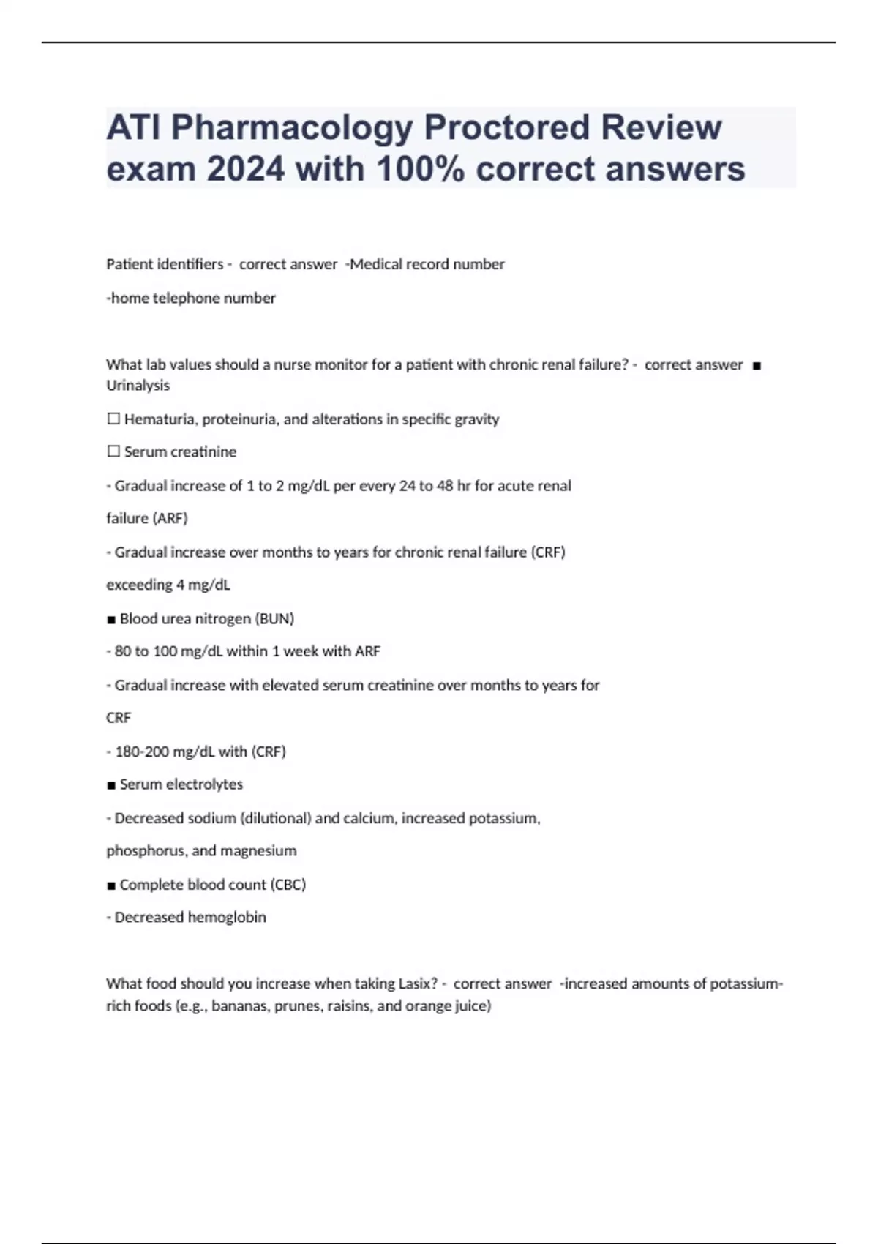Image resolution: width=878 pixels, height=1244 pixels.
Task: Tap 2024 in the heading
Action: (x=245, y=170)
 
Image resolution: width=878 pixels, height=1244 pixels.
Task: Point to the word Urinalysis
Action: (x=138, y=386)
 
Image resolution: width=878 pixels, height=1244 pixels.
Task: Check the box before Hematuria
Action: (x=113, y=419)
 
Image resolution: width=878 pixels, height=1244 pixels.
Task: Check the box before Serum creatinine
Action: (x=113, y=452)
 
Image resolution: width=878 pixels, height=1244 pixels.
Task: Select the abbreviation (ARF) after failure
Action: (x=170, y=519)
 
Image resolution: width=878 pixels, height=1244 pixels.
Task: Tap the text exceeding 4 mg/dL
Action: (x=168, y=585)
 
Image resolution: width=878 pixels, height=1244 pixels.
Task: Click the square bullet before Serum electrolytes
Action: (x=111, y=785)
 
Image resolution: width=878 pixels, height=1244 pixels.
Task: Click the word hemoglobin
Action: (x=227, y=918)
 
